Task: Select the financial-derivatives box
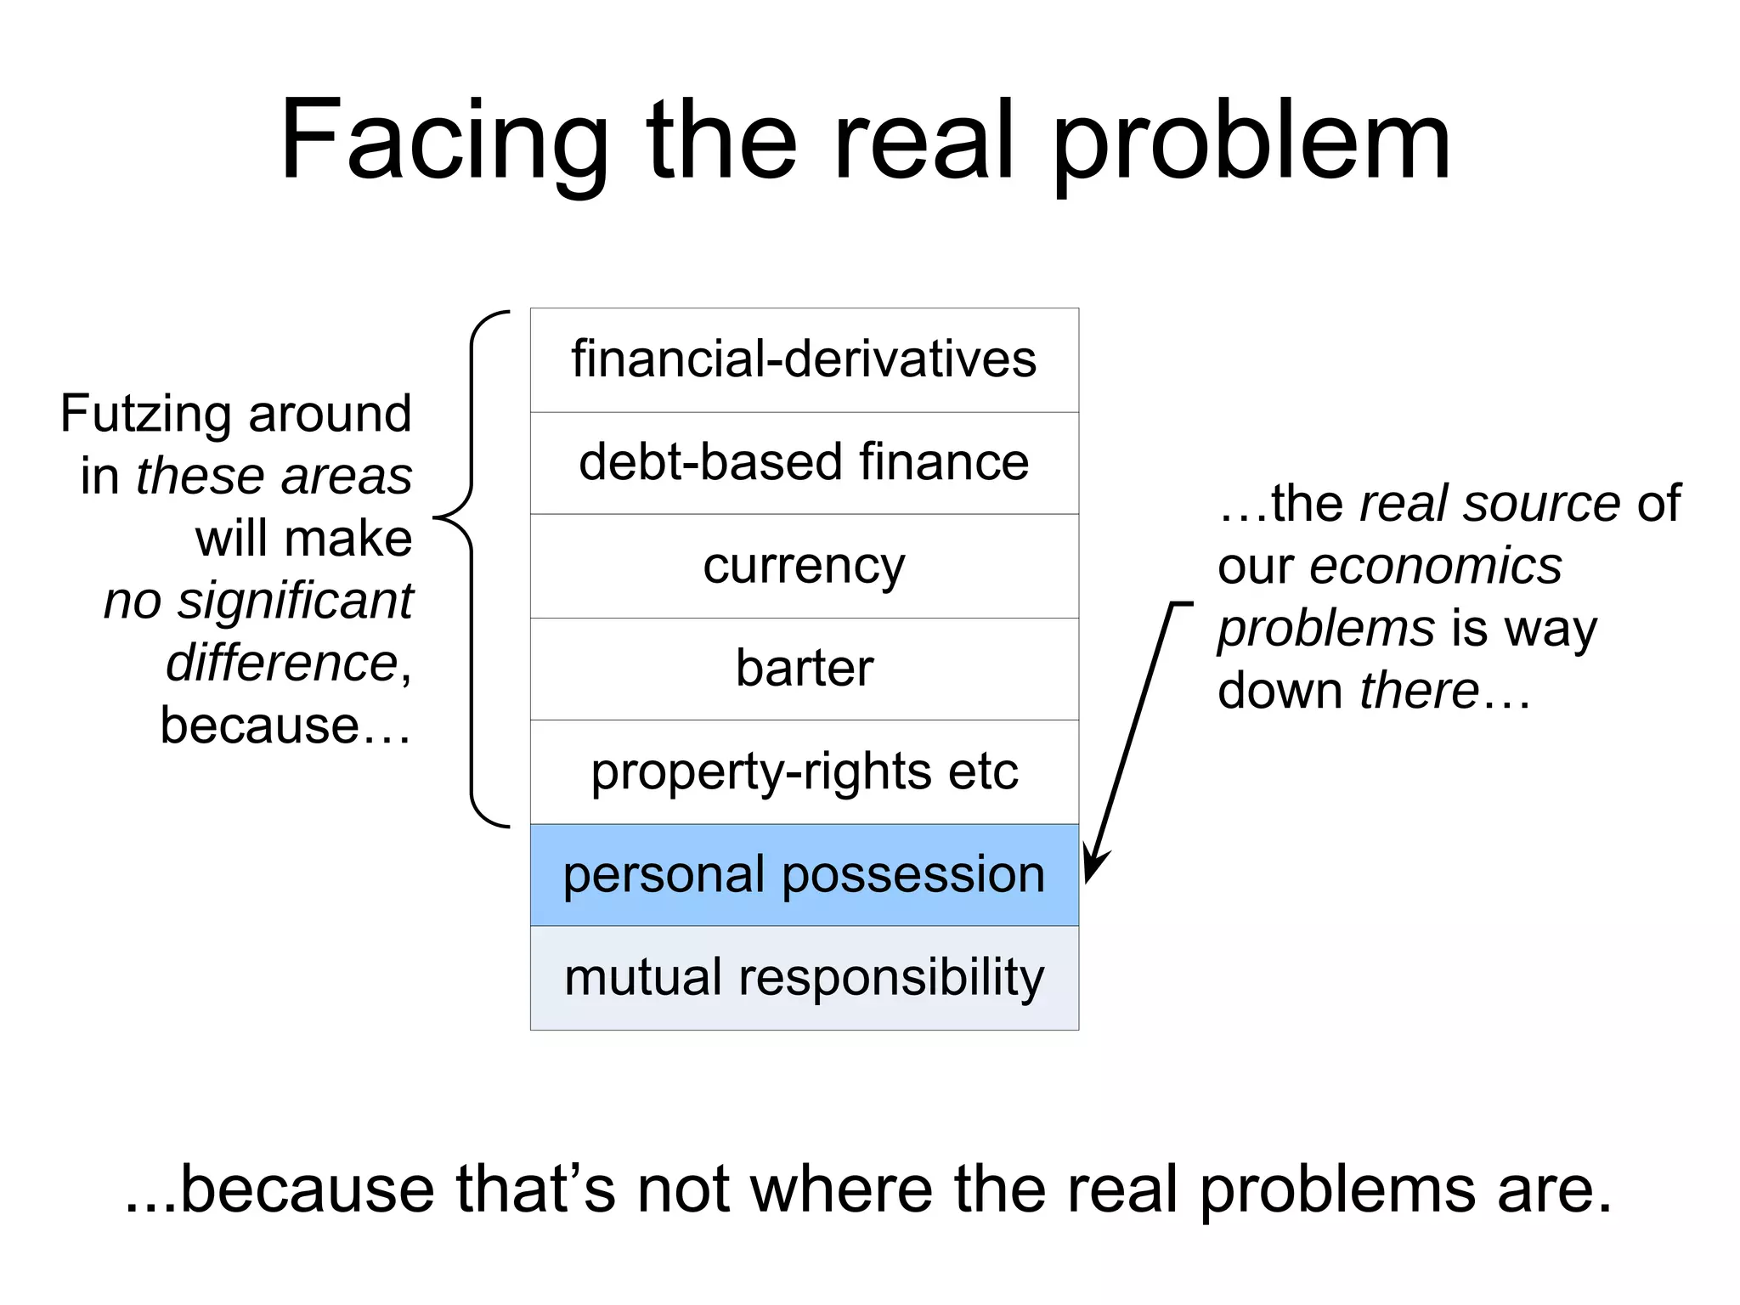pyautogui.click(x=804, y=360)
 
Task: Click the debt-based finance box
pyautogui.click(x=804, y=463)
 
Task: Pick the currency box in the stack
pyautogui.click(x=804, y=566)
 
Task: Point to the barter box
pyautogui.click(x=804, y=669)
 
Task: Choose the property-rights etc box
pyautogui.click(x=804, y=771)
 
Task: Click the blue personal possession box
pyautogui.click(x=804, y=875)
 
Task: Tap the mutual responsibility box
pyautogui.click(x=804, y=978)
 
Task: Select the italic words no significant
pyautogui.click(x=258, y=602)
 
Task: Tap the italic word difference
pyautogui.click(x=281, y=664)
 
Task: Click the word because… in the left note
pyautogui.click(x=285, y=726)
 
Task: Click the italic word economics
pyautogui.click(x=1435, y=566)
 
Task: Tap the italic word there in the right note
pyautogui.click(x=1419, y=690)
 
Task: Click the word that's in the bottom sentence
pyautogui.click(x=534, y=1189)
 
